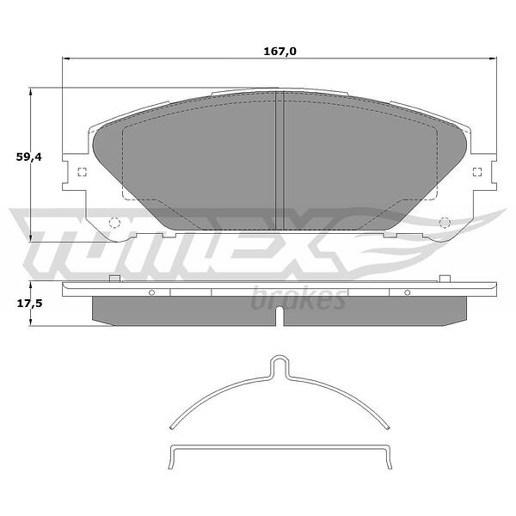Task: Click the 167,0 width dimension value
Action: point(279,52)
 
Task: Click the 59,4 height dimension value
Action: point(29,157)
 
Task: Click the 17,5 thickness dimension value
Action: point(29,304)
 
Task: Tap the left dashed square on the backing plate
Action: point(82,172)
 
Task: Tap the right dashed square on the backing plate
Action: point(477,172)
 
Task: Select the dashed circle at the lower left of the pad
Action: point(114,223)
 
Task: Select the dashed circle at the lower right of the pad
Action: point(445,223)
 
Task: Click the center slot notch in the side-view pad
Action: point(279,316)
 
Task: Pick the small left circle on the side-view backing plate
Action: point(151,292)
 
